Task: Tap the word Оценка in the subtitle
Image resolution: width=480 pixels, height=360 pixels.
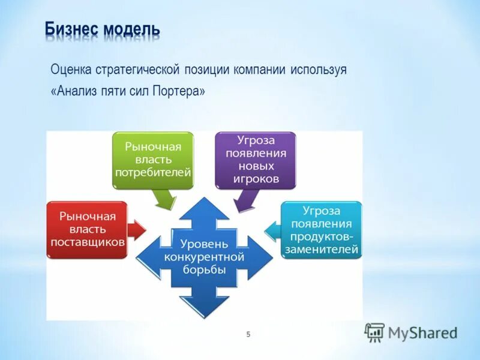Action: [70, 70]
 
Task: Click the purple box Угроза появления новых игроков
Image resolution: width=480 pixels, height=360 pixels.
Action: [256, 160]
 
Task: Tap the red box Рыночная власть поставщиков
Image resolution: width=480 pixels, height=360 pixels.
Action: [87, 229]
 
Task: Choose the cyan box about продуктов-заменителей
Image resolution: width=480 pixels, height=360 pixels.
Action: [322, 229]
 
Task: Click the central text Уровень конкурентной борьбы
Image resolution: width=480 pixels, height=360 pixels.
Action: [204, 256]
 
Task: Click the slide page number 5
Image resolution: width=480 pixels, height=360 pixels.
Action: [248, 334]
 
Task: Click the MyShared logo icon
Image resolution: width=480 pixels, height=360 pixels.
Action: [374, 332]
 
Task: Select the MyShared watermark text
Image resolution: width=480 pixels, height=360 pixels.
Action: [422, 333]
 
